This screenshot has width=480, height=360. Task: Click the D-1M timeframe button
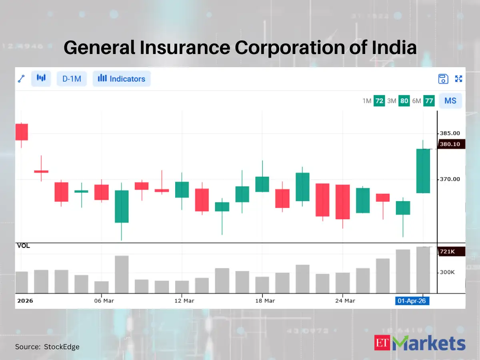[72, 79]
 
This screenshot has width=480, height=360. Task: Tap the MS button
[450, 101]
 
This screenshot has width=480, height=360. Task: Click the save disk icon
[443, 79]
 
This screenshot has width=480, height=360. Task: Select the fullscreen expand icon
[459, 79]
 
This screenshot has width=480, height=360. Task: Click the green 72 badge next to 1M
[379, 101]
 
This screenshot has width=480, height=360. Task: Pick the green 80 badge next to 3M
[404, 101]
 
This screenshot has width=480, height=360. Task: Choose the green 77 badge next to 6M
[429, 101]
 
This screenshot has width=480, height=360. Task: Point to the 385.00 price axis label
[450, 133]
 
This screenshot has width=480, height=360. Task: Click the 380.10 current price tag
[451, 144]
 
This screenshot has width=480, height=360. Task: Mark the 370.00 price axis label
[450, 179]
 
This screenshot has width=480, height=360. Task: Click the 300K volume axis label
[447, 272]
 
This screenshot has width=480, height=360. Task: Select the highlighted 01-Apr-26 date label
[412, 301]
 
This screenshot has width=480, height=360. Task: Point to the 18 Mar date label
[265, 301]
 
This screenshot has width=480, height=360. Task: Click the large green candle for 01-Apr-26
[423, 171]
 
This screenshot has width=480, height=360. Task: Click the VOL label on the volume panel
[23, 246]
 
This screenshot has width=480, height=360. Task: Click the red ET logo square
[382, 343]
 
